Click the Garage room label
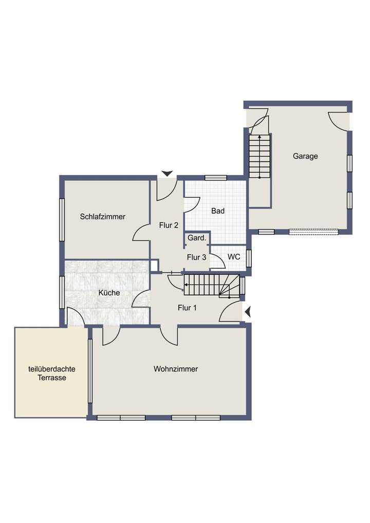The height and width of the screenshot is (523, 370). (x=305, y=156)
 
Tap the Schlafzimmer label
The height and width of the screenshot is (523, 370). (x=103, y=217)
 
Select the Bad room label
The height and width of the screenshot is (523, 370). (x=218, y=211)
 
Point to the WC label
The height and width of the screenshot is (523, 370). (x=234, y=257)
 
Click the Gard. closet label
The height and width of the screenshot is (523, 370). (x=197, y=238)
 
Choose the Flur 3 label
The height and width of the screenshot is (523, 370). (x=196, y=257)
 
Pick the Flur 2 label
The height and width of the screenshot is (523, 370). (x=169, y=225)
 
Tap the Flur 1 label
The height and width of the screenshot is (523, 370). (x=188, y=308)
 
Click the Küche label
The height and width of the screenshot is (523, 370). (x=109, y=293)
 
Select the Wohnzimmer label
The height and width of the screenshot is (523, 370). (x=176, y=369)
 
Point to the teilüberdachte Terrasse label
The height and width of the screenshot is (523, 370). (x=51, y=373)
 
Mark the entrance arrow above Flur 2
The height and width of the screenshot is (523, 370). (x=167, y=174)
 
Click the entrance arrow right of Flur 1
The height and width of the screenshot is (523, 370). (x=248, y=311)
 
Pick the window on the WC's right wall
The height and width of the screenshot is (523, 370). (x=249, y=258)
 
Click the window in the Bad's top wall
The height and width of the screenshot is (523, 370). (x=215, y=178)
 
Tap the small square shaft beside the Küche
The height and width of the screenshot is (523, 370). (x=154, y=265)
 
